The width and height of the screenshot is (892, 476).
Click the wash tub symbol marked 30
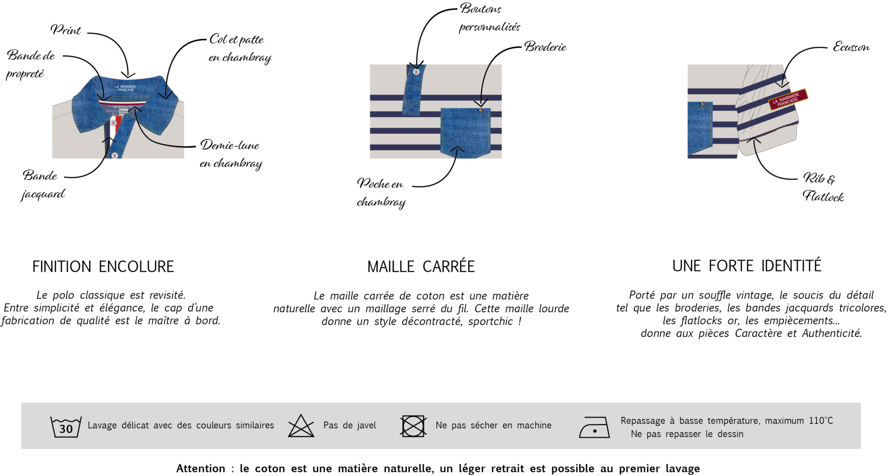point(66,427)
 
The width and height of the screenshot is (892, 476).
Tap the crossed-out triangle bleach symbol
point(301,426)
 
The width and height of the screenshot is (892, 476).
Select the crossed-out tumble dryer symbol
point(413,426)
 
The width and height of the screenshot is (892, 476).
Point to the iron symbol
point(594,427)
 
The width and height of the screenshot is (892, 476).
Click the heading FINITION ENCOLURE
point(103,266)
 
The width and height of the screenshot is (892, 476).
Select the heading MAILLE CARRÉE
point(421,266)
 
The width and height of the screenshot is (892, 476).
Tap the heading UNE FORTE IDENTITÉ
point(747,265)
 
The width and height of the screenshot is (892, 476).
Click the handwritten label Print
point(66,30)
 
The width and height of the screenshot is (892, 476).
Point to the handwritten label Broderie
point(545,46)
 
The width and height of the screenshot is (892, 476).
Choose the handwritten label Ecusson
point(851,47)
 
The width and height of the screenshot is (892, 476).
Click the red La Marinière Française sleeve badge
point(788,99)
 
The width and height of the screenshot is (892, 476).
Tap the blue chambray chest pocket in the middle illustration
point(466,133)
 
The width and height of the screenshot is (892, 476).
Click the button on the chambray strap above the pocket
point(416,72)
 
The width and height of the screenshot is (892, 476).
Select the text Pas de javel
point(350,425)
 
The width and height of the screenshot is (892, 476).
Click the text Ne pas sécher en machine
point(493,425)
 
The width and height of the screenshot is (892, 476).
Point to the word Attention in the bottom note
point(201,469)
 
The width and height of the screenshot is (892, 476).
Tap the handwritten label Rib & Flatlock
point(823,187)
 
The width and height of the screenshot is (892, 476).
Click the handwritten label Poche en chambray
point(381,192)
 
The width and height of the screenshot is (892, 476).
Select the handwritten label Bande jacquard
point(43,185)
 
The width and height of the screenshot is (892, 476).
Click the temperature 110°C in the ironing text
point(821,421)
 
